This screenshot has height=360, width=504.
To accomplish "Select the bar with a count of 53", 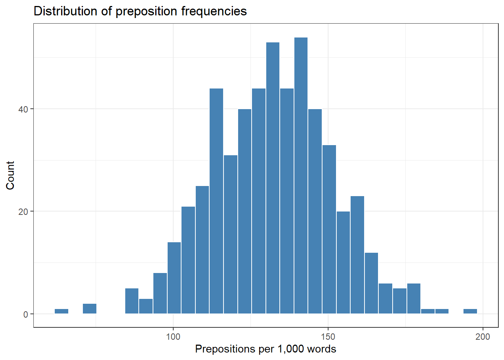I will click(273, 178).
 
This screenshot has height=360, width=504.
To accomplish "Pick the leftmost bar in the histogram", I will click(61, 311).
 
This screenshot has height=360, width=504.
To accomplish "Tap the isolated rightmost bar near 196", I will click(470, 311).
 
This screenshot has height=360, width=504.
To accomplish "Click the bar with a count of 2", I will click(90, 309).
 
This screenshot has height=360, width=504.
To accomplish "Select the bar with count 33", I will click(329, 229).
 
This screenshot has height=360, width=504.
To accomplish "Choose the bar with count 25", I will click(202, 250).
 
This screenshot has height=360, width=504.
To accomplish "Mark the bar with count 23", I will click(357, 255).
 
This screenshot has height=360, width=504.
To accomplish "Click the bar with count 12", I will click(371, 283).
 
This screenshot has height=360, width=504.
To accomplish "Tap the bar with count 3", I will click(146, 306).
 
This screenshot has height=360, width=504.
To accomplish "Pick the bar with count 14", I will click(174, 278).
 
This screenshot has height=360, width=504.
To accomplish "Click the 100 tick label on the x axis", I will click(173, 337).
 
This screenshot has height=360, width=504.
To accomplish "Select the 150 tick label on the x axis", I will click(328, 337).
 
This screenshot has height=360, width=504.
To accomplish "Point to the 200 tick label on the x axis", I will click(483, 337).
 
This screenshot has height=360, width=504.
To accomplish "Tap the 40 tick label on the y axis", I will click(23, 109).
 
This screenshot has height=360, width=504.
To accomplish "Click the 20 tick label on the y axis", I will click(23, 211).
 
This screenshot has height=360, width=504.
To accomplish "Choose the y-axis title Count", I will click(10, 175).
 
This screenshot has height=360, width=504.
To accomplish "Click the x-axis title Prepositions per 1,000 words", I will click(265, 349).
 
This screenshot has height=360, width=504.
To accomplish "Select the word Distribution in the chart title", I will click(66, 11).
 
